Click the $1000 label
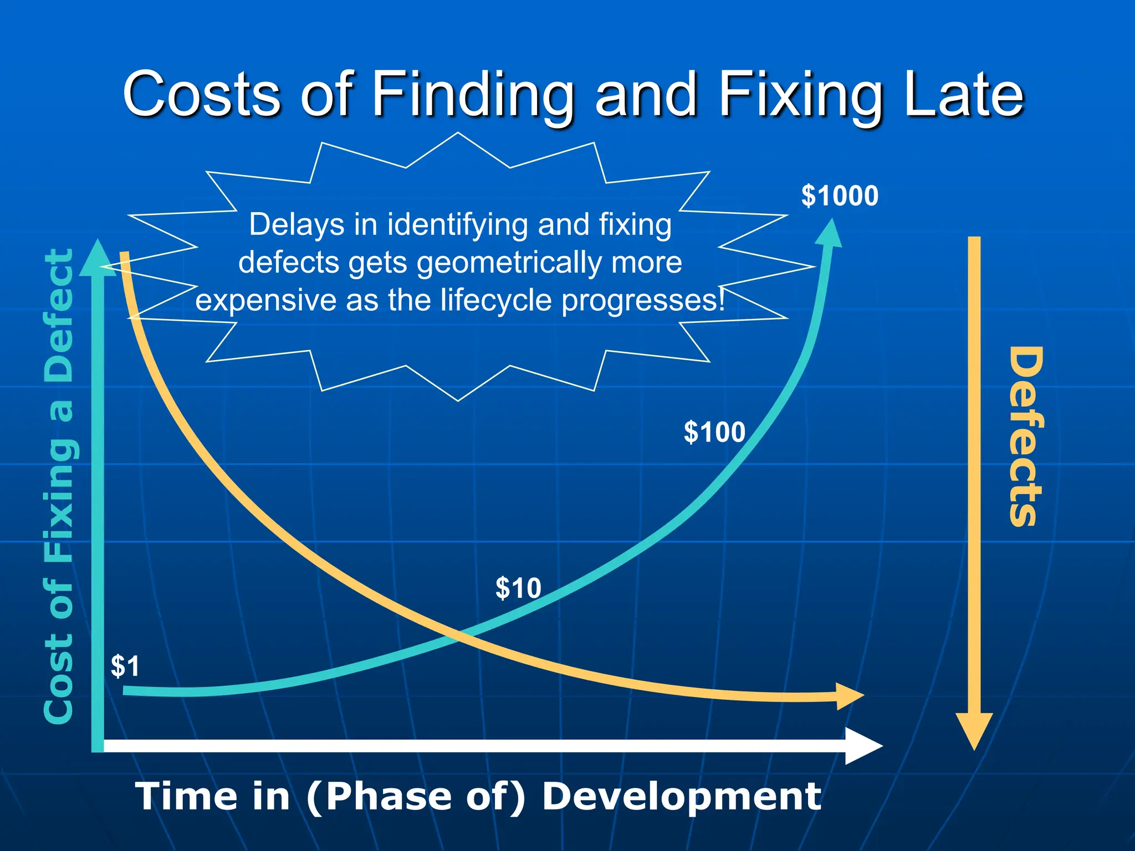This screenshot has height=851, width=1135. coord(840,196)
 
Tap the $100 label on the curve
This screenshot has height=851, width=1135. coord(714,432)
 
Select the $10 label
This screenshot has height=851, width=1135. coord(518,588)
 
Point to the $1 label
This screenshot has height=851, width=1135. coord(125,666)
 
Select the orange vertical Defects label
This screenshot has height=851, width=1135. coord(1025,436)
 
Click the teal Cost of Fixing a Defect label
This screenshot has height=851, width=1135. coord(59,486)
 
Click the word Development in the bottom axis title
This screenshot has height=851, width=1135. coord(682,796)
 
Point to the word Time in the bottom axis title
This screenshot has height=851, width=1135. coord(186,796)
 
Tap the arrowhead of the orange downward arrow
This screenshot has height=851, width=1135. coord(974,730)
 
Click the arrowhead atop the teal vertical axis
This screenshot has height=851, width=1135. coord(98,258)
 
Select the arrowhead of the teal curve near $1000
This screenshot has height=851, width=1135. coord(830,233)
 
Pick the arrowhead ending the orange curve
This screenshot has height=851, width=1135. coord(848,696)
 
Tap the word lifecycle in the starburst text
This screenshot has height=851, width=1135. coord(498,300)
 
